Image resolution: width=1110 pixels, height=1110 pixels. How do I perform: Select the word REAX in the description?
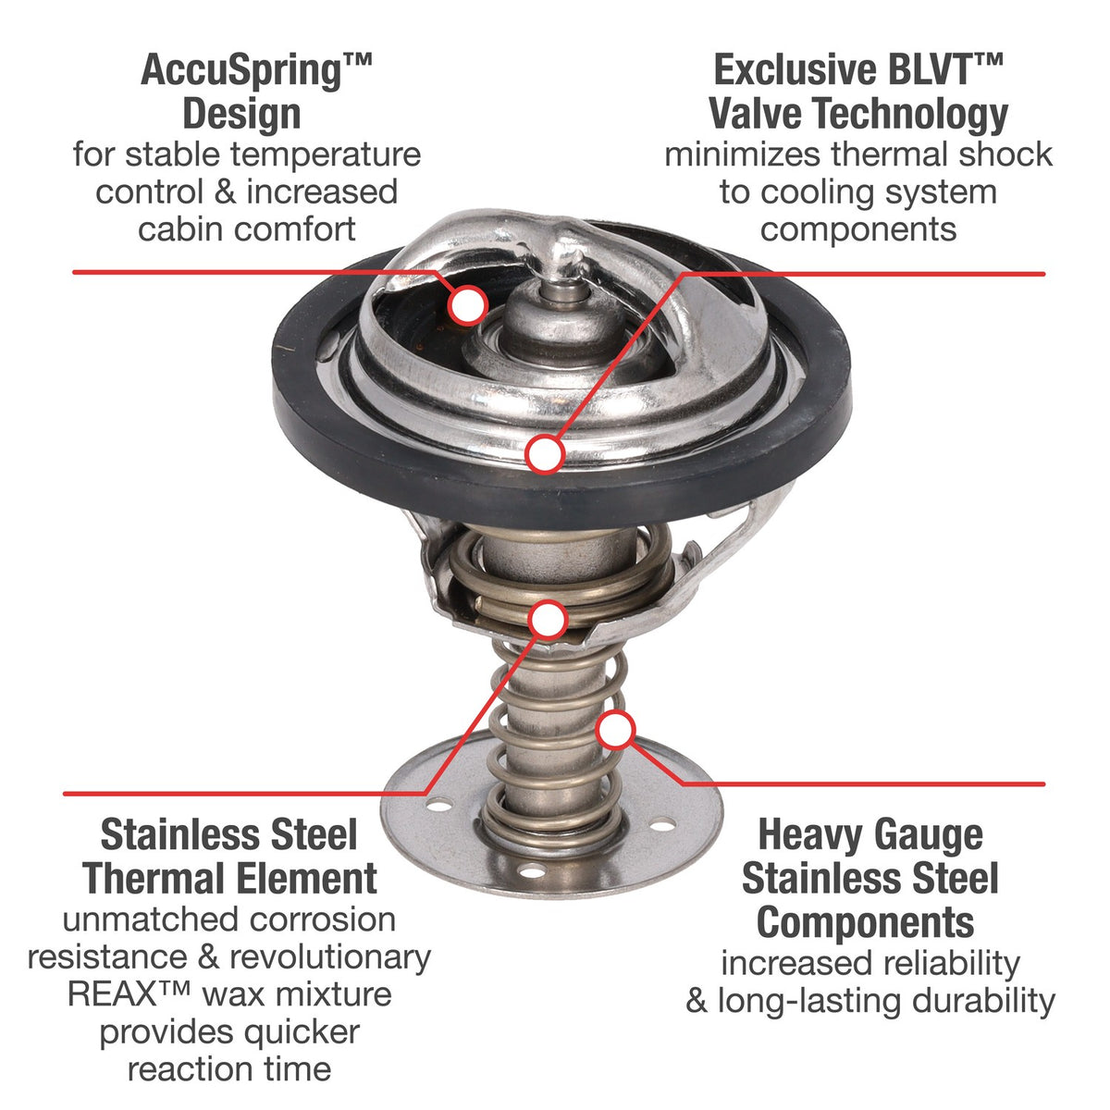coord(112,994)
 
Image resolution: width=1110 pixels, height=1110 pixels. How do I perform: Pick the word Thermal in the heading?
coord(154,879)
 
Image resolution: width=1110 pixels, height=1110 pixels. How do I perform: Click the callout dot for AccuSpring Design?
coord(468,304)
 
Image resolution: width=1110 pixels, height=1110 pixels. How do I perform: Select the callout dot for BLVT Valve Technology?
coord(544,454)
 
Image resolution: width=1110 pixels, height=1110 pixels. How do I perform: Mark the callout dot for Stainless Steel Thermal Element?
coord(549,619)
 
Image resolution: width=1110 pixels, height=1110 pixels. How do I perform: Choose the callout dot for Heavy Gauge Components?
coord(615,730)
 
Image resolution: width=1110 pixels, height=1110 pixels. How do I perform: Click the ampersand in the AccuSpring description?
coord(225,191)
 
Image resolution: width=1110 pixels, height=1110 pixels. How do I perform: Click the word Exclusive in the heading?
coord(796,70)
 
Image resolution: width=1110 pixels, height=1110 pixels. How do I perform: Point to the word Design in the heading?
coord(242,115)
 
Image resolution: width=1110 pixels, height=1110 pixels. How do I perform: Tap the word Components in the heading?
coord(865,924)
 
